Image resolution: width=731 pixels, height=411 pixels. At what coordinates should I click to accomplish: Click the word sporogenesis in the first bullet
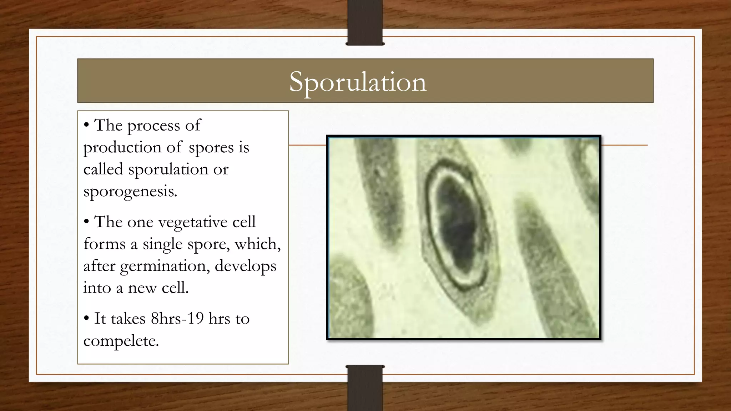130,192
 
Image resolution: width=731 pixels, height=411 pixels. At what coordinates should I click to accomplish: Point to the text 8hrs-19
177,318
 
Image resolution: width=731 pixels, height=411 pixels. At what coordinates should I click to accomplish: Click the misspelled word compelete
121,341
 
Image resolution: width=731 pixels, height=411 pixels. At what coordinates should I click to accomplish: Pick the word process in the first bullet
153,126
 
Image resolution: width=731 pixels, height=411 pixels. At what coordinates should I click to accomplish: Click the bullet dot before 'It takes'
86,318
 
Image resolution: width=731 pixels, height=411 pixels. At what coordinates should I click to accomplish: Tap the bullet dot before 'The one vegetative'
86,222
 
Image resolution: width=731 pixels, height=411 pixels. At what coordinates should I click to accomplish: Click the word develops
246,267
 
